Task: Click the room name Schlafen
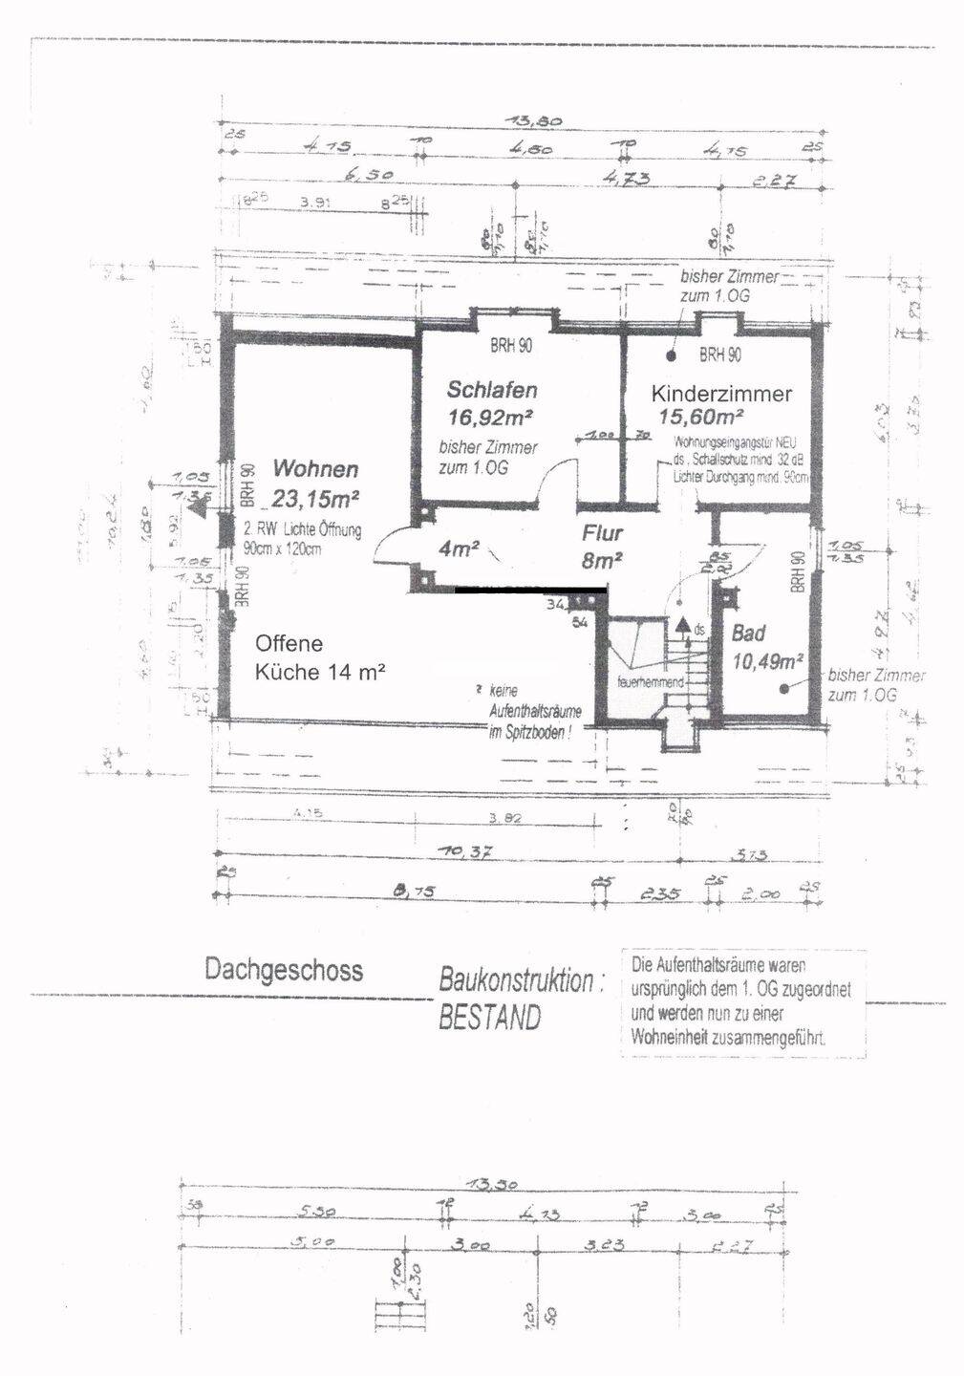pyautogui.click(x=492, y=390)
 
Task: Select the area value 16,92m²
pyautogui.click(x=489, y=417)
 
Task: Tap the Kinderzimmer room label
pyautogui.click(x=721, y=394)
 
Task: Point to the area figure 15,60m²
pyautogui.click(x=702, y=417)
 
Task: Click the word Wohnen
pyautogui.click(x=315, y=469)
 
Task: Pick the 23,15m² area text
pyautogui.click(x=314, y=497)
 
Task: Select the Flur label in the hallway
pyautogui.click(x=603, y=534)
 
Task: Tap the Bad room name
pyautogui.click(x=749, y=633)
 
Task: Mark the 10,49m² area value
pyautogui.click(x=767, y=659)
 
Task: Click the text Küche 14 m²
pyautogui.click(x=319, y=672)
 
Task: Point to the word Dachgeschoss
pyautogui.click(x=284, y=970)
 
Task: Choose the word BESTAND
pyautogui.click(x=489, y=1018)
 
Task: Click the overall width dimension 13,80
pyautogui.click(x=537, y=121)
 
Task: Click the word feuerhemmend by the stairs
pyautogui.click(x=650, y=682)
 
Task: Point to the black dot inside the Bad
pyautogui.click(x=784, y=687)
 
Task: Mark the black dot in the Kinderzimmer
pyautogui.click(x=672, y=355)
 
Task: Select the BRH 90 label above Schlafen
pyautogui.click(x=511, y=346)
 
